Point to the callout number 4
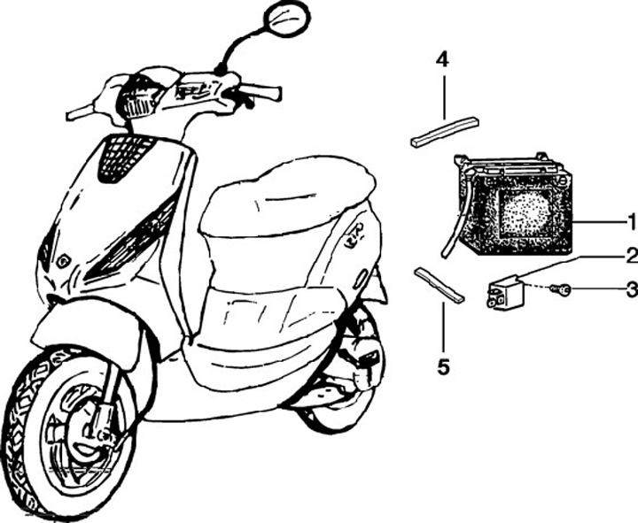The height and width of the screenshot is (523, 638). (443, 61)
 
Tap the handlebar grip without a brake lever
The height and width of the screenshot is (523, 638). (80, 112)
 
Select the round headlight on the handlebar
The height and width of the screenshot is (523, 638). (137, 97)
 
